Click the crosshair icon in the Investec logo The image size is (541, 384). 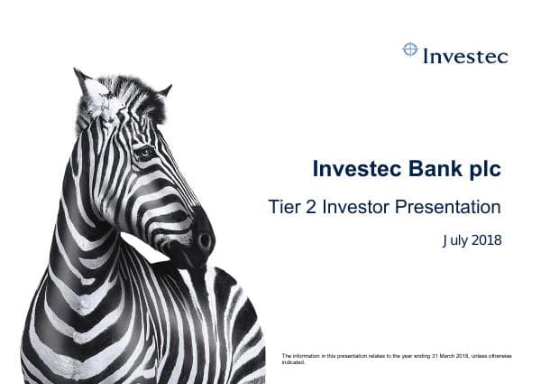pos(410,51)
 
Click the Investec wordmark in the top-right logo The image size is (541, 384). pos(465,56)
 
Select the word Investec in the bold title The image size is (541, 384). pos(354,169)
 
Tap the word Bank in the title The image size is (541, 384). pos(432,169)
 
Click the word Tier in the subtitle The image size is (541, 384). pos(284,207)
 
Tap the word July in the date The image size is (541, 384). pos(456,240)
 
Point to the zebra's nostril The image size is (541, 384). pos(204,240)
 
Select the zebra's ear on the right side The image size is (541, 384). pos(163,90)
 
